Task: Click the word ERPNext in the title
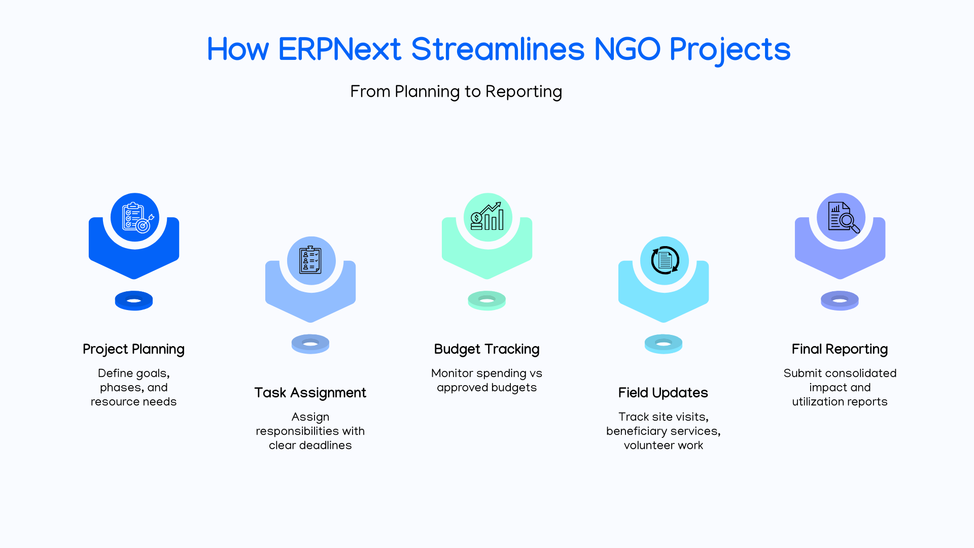(340, 50)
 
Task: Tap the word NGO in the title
(627, 50)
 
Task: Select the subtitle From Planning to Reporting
(456, 92)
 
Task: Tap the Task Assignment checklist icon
(310, 260)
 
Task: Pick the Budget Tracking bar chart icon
(487, 217)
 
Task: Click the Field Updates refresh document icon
(665, 260)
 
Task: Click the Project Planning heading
(133, 350)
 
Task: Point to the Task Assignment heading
(310, 393)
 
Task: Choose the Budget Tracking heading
(487, 350)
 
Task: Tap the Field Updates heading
(663, 393)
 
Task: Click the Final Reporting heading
(840, 350)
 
